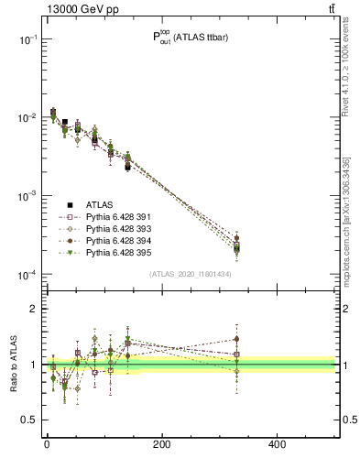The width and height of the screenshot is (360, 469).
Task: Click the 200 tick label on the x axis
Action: click(x=161, y=446)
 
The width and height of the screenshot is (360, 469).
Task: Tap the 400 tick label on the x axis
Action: click(x=277, y=446)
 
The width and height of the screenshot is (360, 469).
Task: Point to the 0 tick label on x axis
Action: click(x=47, y=446)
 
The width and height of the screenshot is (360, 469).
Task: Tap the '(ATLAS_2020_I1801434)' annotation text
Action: click(x=190, y=274)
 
